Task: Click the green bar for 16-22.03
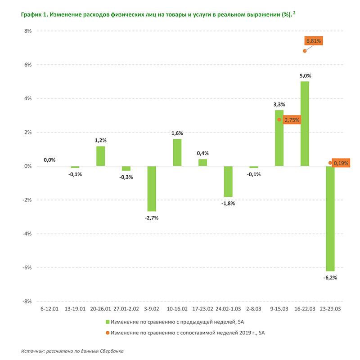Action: tap(305, 124)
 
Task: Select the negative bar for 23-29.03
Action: tap(330, 218)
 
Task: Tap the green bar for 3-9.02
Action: tap(151, 189)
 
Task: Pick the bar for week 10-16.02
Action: tap(177, 152)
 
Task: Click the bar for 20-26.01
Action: tap(100, 156)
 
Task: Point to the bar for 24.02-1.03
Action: tap(228, 181)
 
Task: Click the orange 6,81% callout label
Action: tap(314, 41)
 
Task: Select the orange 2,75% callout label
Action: tap(291, 120)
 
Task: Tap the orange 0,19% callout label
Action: tap(341, 163)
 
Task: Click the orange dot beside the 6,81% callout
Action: tap(305, 51)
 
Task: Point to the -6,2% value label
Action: tap(330, 278)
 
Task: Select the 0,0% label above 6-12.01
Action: tap(49, 160)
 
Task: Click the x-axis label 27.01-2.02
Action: tap(126, 310)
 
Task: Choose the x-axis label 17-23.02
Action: tap(202, 310)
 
